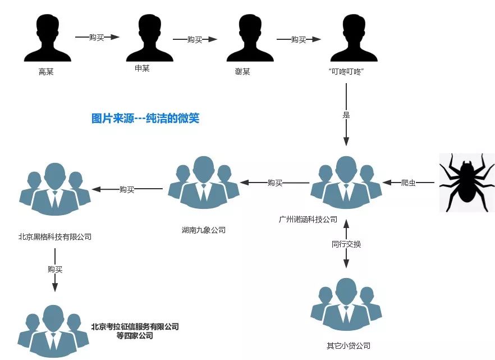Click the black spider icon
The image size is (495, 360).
point(466,182)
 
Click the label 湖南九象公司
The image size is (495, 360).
point(203,230)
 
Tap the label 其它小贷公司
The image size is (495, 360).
point(349,345)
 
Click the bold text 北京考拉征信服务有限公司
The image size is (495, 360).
point(135,327)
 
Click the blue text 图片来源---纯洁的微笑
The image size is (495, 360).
point(145,119)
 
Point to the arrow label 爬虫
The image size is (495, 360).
point(409,183)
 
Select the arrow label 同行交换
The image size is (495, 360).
point(346,244)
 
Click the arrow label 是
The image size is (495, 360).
point(346,115)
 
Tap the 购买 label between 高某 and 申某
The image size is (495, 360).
point(97,38)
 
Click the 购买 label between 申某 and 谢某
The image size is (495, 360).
point(194,39)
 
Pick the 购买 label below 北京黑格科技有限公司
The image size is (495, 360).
point(55,269)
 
